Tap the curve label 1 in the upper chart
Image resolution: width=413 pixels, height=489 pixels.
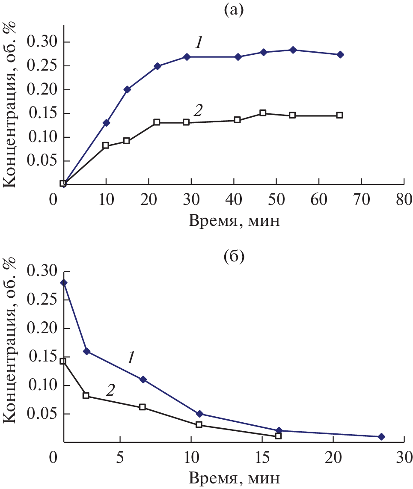coord(199,42)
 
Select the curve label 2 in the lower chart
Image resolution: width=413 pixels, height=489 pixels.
coord(110,389)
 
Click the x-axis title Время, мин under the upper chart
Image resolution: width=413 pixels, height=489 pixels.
coord(234,221)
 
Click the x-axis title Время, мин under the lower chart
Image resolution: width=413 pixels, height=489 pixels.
coord(234,477)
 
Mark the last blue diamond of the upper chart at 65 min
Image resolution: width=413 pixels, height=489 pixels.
coord(340,54)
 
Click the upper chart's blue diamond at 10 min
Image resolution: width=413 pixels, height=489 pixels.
coord(106,123)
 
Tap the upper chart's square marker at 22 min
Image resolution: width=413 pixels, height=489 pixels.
coord(157,122)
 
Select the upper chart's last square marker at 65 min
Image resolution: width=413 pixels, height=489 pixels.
coord(339,115)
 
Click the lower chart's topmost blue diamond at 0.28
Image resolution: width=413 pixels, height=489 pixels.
coord(64,282)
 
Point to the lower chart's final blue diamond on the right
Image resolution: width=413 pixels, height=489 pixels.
coord(381,436)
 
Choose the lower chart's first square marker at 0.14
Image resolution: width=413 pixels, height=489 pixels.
coord(63,361)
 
